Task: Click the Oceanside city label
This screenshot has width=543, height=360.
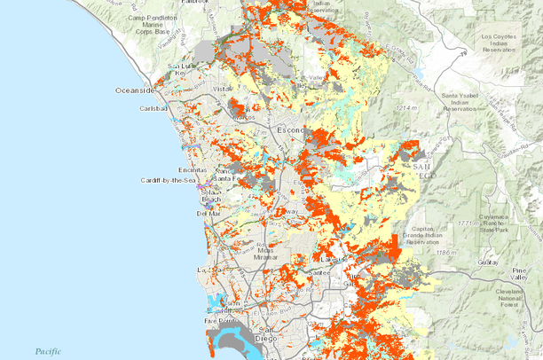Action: pos(134,90)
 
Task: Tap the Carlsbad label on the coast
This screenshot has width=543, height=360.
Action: pos(153,108)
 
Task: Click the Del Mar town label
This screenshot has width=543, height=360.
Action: pos(208,214)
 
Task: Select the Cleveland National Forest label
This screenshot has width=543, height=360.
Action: pos(513,299)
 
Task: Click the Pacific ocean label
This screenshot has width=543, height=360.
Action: pos(48,351)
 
